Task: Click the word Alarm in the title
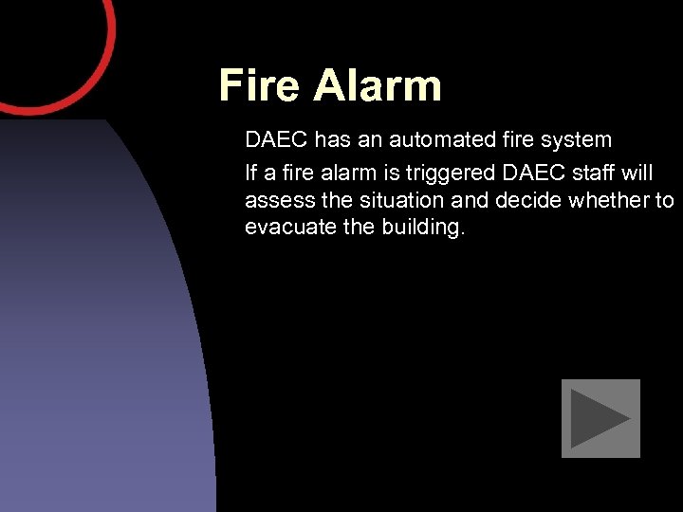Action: pyautogui.click(x=378, y=85)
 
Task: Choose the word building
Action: pyautogui.click(x=422, y=229)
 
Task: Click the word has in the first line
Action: pyautogui.click(x=332, y=140)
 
